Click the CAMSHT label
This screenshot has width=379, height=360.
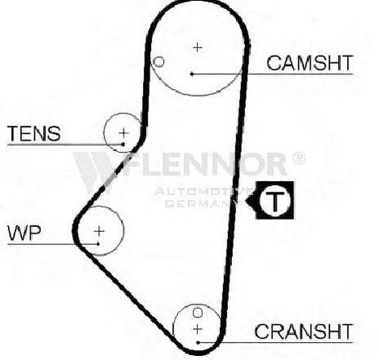310,63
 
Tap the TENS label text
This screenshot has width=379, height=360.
34,133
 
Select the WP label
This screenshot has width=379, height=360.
25,233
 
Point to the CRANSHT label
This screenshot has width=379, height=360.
304,331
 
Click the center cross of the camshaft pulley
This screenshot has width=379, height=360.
198,47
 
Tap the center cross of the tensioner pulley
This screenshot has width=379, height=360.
123,133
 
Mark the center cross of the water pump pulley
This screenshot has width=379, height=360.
99,231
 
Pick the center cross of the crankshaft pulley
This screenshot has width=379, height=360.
198,329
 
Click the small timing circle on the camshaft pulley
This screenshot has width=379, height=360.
158,62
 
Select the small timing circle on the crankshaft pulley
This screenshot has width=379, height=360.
198,313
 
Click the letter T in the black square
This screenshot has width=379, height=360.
275,201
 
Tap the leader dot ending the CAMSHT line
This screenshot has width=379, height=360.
192,73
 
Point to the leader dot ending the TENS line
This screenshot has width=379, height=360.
123,144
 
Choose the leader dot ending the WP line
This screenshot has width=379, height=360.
98,244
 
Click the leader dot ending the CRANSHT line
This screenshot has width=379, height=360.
198,342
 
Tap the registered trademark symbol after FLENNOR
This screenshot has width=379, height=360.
299,158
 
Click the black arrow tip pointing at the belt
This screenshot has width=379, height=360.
246,201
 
